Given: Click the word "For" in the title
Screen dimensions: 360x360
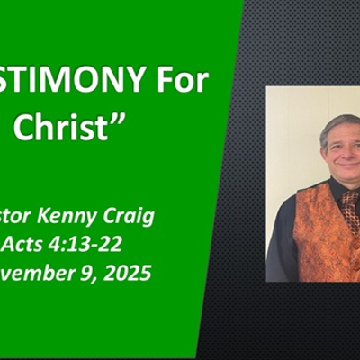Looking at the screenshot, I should point(180,81).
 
